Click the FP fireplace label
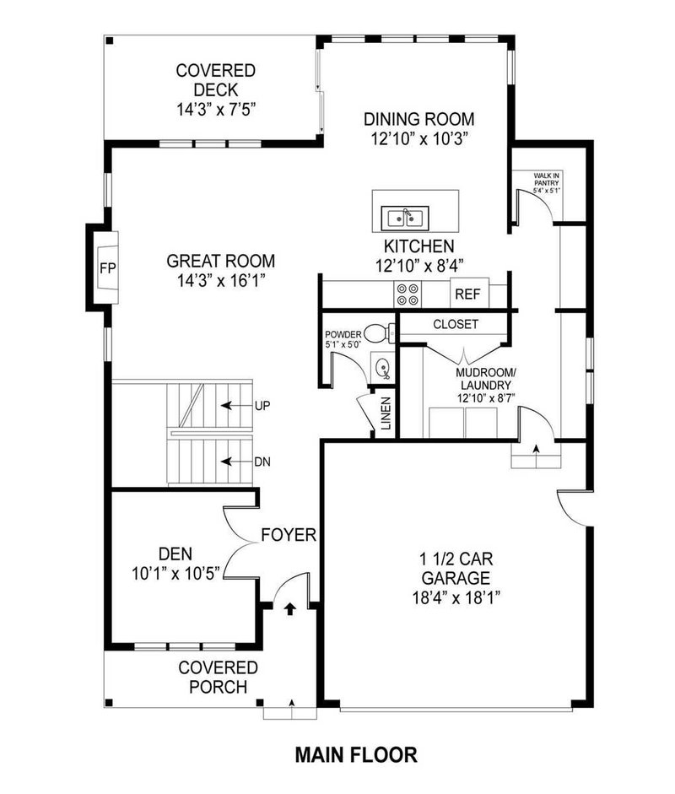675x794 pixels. coord(107,269)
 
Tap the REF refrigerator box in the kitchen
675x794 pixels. coord(466,294)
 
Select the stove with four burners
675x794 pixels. coord(408,294)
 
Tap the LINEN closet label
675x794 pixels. coord(386,413)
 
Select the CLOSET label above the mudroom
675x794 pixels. coord(456,324)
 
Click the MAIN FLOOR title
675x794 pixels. coord(356,753)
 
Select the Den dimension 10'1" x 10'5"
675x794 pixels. coord(176,573)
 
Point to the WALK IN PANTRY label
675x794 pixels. coord(546,181)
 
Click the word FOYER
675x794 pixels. coord(288,535)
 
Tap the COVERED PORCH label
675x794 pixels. coord(218,677)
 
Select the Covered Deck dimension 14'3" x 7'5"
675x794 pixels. coord(216,109)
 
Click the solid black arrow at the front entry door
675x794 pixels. coord(289,608)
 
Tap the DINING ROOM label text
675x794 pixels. coord(418,119)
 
